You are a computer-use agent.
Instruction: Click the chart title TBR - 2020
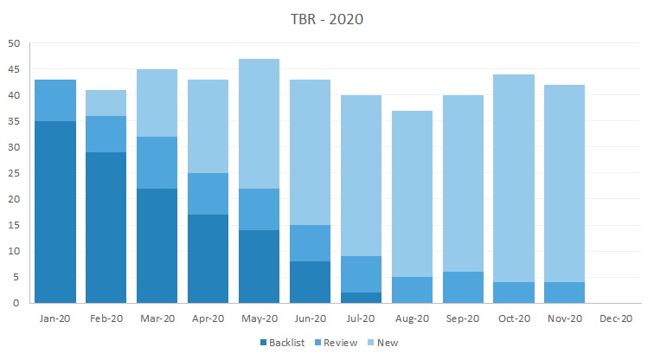[327, 20]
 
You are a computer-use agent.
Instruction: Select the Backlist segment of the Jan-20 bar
[55, 212]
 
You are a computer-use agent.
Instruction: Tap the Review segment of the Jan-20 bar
[55, 100]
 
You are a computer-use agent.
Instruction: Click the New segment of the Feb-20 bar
[106, 103]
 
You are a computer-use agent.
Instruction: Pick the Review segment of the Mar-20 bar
[157, 163]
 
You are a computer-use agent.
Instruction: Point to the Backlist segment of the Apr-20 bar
[208, 259]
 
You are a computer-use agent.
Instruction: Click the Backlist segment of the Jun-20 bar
[310, 282]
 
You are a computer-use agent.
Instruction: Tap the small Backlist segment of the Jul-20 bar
[361, 298]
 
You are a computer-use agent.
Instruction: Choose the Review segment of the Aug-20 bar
[412, 290]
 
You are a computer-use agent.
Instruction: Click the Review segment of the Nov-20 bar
[565, 292]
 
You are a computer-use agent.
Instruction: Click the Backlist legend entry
[287, 343]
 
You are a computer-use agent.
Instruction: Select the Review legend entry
[338, 343]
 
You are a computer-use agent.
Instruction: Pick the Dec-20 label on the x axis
[616, 318]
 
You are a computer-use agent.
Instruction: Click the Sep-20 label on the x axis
[463, 318]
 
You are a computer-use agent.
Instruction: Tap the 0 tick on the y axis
[16, 303]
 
